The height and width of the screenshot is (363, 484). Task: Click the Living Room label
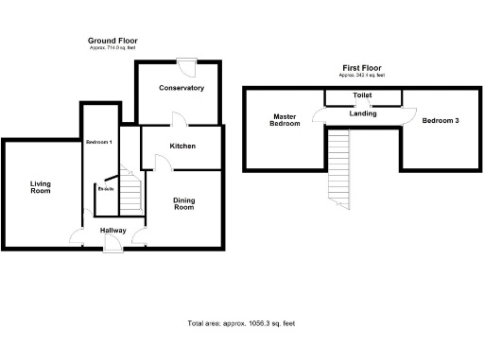pos(40,187)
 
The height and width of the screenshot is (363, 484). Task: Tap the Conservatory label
pos(181,88)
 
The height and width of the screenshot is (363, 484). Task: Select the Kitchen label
pos(182,147)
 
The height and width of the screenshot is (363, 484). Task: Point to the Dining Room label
pos(183,203)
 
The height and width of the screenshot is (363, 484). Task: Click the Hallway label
pos(112,230)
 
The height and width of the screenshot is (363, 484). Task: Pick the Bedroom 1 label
pos(98,142)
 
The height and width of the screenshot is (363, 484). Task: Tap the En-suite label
pos(106,189)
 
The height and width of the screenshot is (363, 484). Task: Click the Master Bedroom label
pos(285,120)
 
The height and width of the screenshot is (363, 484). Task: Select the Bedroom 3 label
pos(441,121)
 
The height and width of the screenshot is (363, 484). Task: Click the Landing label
pos(362,113)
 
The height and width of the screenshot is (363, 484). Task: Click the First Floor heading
pos(364,69)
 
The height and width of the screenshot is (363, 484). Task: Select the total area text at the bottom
pos(242,323)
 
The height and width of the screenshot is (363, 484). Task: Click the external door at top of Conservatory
pos(187,66)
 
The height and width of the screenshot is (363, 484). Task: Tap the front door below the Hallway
pos(112,246)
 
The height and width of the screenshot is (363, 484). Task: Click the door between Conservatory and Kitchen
pos(178,120)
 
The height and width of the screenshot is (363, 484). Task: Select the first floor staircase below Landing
pos(338,165)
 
